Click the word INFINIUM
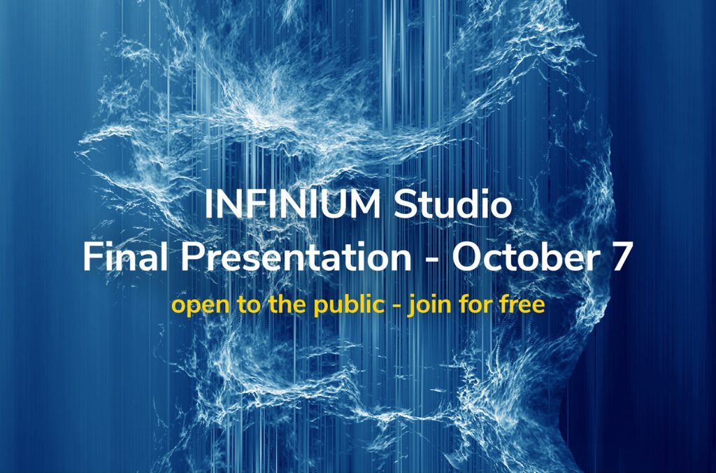click(x=294, y=206)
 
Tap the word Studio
click(x=452, y=206)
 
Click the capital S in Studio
click(x=405, y=206)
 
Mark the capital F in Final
click(x=92, y=257)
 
